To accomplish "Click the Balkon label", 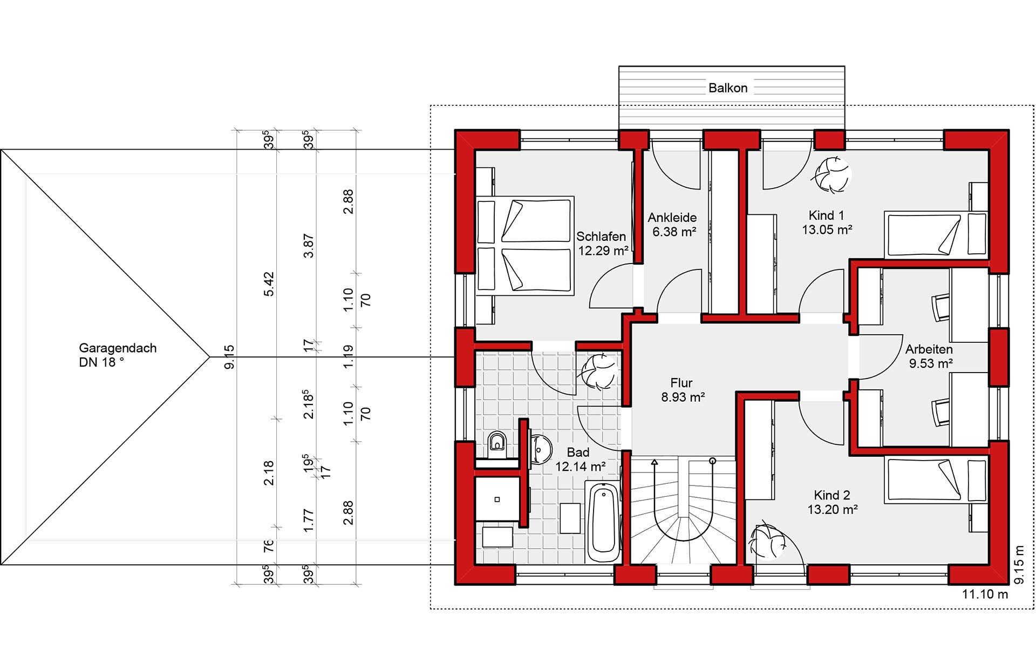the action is tap(728, 88).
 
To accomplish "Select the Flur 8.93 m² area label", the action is tap(683, 390).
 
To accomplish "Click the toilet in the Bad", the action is tap(497, 443).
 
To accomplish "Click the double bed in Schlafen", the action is tap(524, 246).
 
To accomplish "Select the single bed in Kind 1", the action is tap(936, 234).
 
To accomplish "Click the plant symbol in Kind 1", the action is tap(830, 174).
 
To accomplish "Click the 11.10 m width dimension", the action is tap(985, 594).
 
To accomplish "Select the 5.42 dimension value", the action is tap(269, 284).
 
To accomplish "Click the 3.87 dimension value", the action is tap(308, 246).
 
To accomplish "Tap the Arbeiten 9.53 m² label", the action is tap(930, 356).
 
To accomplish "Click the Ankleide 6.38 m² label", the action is tap(673, 225).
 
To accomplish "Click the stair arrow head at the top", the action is tap(655, 462).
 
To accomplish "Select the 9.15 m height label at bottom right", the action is tap(1019, 565).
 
